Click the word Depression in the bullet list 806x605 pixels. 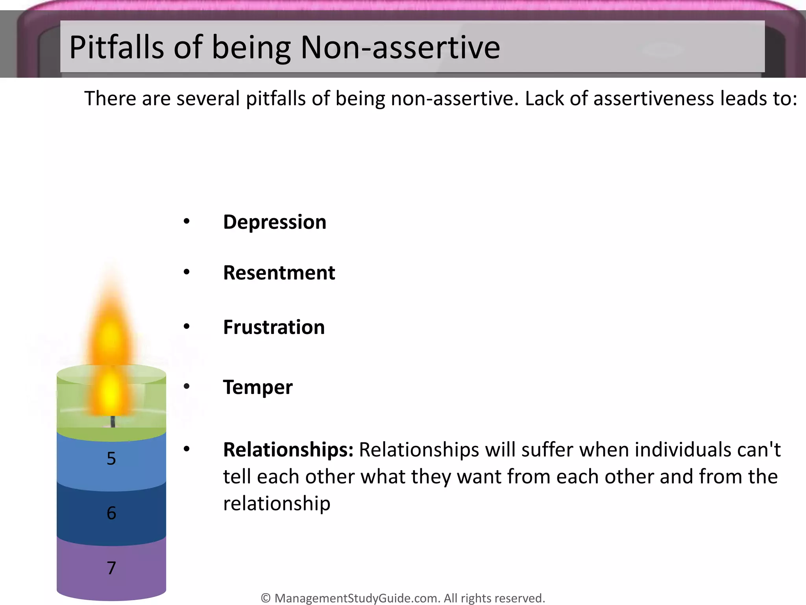tap(274, 222)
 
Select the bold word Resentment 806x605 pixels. tap(279, 273)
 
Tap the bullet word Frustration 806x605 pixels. tap(274, 327)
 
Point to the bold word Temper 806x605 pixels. tap(258, 387)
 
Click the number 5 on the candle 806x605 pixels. tap(111, 458)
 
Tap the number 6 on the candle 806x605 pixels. tap(111, 513)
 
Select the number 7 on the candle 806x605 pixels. tap(111, 568)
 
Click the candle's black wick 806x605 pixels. tap(113, 421)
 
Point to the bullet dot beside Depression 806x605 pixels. tap(187, 221)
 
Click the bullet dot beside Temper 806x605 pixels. tap(187, 386)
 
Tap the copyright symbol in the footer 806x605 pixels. tap(266, 598)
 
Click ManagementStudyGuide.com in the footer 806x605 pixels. tap(357, 598)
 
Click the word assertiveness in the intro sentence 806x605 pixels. tap(653, 98)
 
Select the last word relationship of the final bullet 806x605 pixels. tap(277, 504)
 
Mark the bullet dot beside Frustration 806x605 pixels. tap(187, 326)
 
